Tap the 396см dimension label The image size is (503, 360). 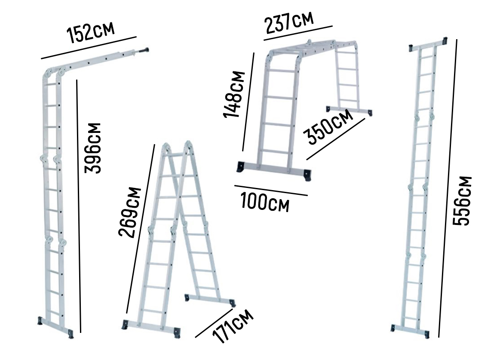coord(93,148)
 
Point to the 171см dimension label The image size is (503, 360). coord(233,326)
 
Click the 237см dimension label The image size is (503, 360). coord(289,22)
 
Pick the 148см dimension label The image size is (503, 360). coord(234,94)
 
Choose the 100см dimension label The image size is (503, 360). coord(265,202)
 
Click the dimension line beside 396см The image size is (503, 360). coord(79,206)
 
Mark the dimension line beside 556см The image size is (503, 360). coord(448,188)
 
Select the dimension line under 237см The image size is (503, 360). coord(298,33)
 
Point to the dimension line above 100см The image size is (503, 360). coord(271,190)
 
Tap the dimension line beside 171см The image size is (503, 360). coord(214,323)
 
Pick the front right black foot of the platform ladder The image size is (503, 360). coord(307,175)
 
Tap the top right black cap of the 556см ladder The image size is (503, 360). coord(445,41)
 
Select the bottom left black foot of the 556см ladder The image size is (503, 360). coord(393,328)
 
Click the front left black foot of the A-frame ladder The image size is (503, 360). coord(125,325)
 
